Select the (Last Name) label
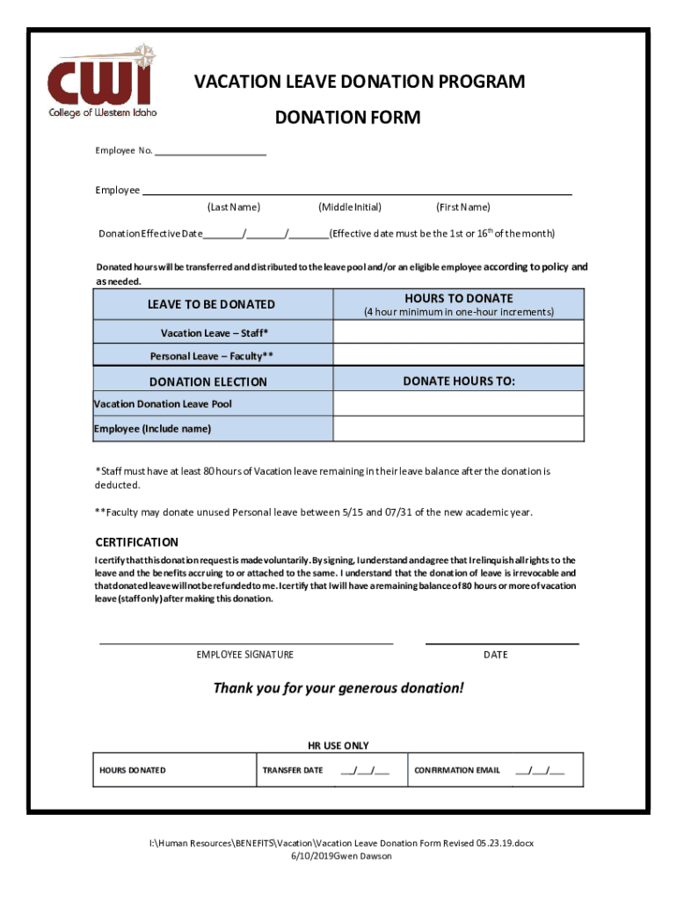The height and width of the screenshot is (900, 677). coord(233,207)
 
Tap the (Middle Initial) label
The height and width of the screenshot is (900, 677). coord(350,207)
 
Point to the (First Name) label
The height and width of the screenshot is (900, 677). coord(462,207)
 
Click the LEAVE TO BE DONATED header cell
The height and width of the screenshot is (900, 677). coord(211,305)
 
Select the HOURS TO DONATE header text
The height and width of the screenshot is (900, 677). coord(458,299)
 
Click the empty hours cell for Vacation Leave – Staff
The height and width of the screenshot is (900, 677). coord(458,332)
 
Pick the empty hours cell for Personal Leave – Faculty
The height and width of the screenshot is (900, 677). coord(458,355)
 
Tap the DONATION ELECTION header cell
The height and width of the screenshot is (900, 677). coord(208,382)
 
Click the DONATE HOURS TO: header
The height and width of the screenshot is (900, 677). coord(458,381)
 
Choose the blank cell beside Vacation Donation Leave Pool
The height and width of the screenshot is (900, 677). coord(458,403)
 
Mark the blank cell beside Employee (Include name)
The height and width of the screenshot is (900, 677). coord(458,429)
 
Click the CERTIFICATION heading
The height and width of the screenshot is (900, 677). coord(136,542)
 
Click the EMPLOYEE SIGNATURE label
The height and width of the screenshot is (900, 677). coord(245,655)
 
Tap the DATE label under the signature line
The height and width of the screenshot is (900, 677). coord(495,655)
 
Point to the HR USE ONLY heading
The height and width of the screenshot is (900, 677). coord(338,746)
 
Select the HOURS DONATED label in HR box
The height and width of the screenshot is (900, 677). coord(132,771)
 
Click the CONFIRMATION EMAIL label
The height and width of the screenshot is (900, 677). coord(457,771)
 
